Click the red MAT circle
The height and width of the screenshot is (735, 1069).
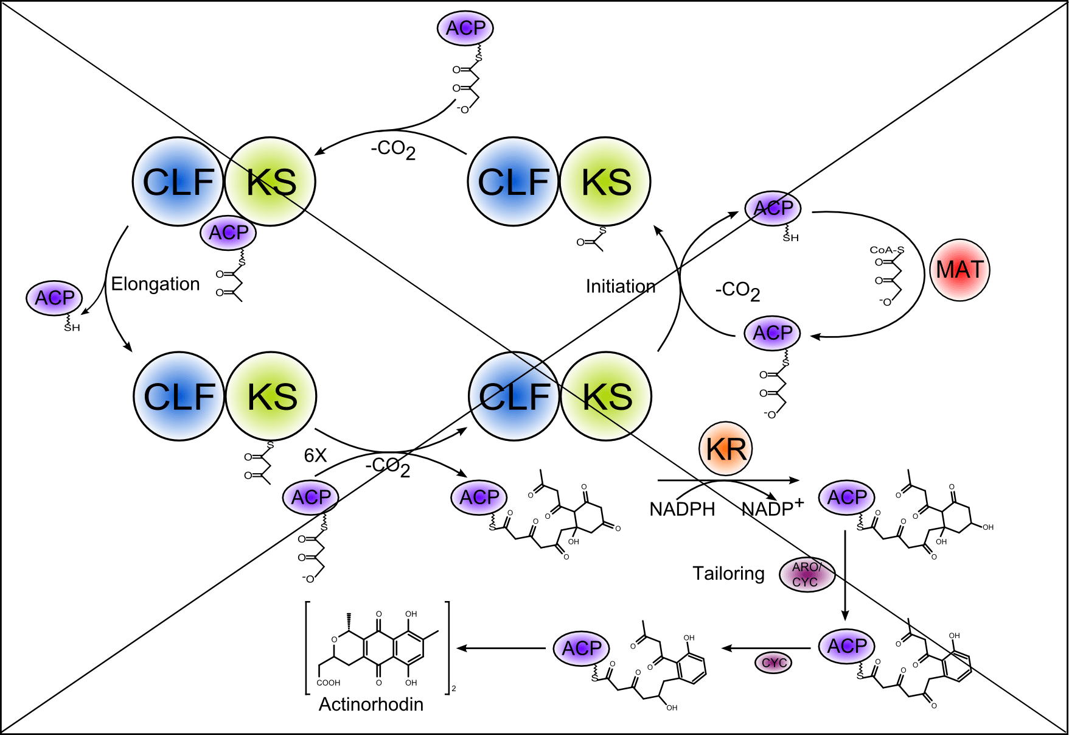click(959, 270)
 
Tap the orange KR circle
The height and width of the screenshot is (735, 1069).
click(726, 449)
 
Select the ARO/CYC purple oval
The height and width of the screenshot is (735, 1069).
click(807, 575)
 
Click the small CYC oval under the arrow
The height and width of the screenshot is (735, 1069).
click(774, 663)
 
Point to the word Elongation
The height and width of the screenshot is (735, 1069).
click(155, 284)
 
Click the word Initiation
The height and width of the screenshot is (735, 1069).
click(621, 286)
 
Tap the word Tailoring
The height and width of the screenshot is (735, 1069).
click(728, 573)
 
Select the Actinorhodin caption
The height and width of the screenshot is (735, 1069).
click(371, 704)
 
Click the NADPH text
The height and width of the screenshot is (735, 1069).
click(682, 509)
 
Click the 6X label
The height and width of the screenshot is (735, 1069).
click(315, 455)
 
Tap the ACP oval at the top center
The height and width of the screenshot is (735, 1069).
click(465, 28)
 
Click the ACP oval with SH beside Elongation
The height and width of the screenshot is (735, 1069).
click(55, 298)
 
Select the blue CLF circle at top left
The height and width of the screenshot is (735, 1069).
click(178, 181)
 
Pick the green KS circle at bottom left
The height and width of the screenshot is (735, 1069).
click(272, 396)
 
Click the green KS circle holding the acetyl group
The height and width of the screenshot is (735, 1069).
click(605, 181)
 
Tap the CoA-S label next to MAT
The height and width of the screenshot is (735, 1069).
click(886, 250)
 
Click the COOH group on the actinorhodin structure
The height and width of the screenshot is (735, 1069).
click(329, 683)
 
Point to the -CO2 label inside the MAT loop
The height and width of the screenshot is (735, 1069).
click(737, 290)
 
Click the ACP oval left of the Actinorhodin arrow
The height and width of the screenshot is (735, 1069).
click(582, 648)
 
